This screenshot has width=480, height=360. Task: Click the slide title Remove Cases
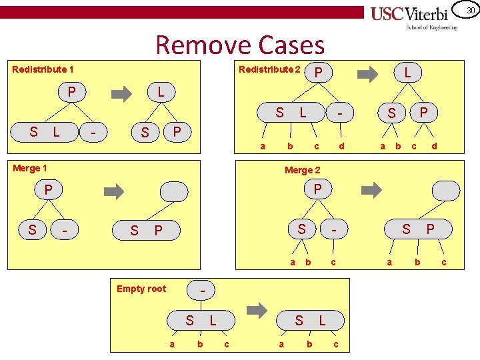click(240, 45)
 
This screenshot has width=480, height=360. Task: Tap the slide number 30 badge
click(469, 10)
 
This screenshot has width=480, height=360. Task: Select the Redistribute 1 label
click(43, 69)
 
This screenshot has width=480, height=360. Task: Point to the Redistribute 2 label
click(269, 69)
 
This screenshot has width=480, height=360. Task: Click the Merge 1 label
click(30, 168)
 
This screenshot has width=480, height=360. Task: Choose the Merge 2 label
click(302, 170)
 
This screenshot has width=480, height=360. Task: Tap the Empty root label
click(141, 288)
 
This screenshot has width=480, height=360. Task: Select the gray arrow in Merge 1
click(115, 192)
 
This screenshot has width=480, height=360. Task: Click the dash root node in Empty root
click(203, 291)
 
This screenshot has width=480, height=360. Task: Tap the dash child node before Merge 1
click(65, 231)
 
